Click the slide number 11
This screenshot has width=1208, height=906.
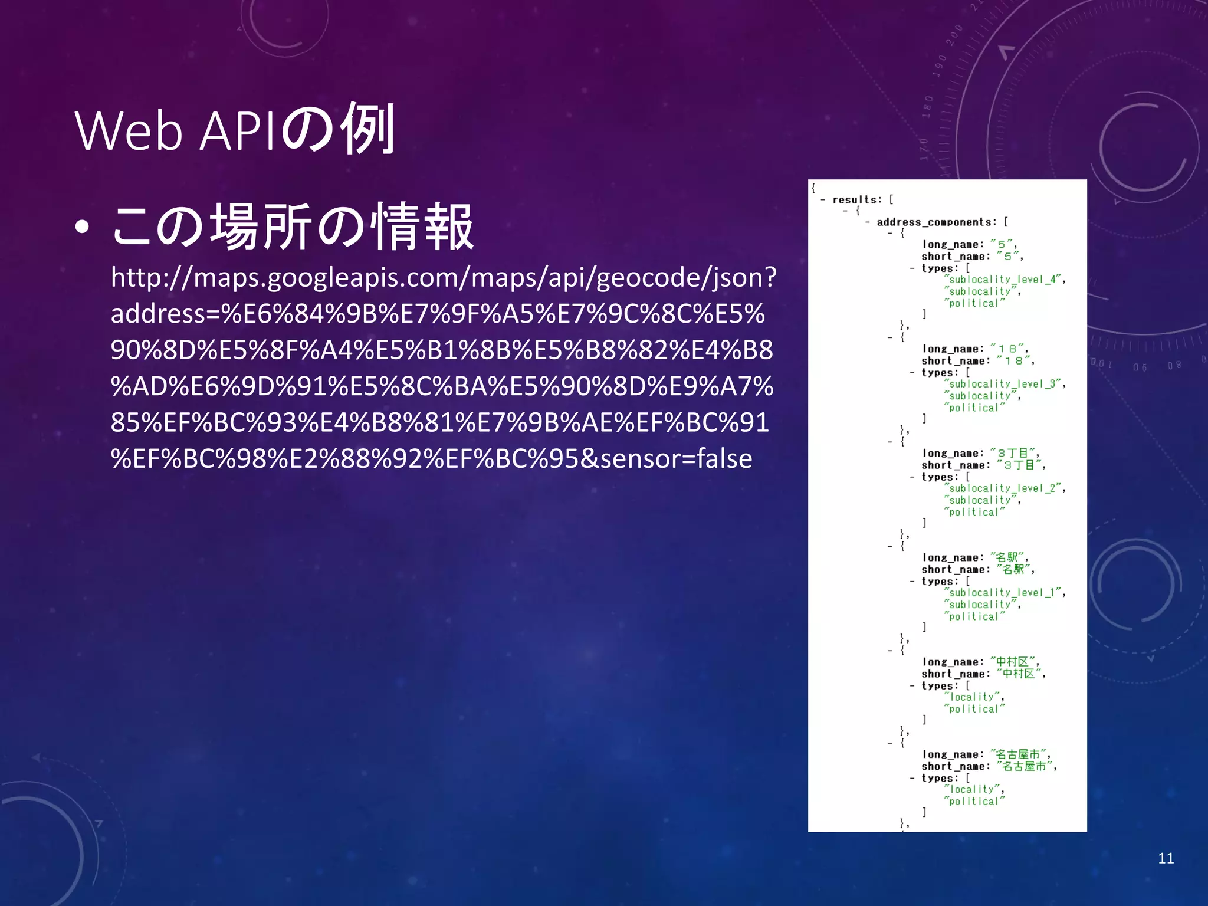pyautogui.click(x=1166, y=858)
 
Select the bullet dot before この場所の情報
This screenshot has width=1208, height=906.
pyautogui.click(x=83, y=228)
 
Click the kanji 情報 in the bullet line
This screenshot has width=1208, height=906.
pyautogui.click(x=422, y=227)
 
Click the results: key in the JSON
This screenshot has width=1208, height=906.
pyautogui.click(x=856, y=200)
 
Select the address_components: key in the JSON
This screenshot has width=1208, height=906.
pyautogui.click(x=936, y=222)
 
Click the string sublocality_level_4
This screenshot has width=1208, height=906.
pyautogui.click(x=1005, y=280)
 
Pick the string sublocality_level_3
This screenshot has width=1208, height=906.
pyautogui.click(x=1005, y=384)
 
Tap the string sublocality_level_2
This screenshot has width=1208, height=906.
pyautogui.click(x=1005, y=488)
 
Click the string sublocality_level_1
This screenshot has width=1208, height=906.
pyautogui.click(x=1005, y=593)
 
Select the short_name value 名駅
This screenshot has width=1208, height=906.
pyautogui.click(x=1015, y=570)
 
